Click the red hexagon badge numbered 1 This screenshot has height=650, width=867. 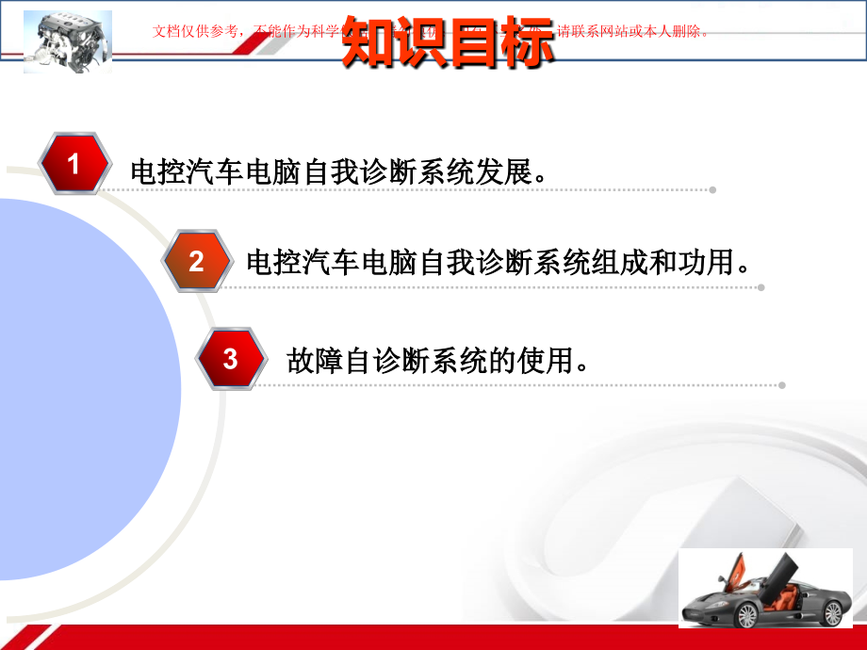pyautogui.click(x=74, y=164)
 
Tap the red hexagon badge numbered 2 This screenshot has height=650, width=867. pyautogui.click(x=196, y=261)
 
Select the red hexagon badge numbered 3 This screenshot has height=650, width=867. pyautogui.click(x=230, y=358)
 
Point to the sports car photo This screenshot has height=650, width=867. pyautogui.click(x=765, y=589)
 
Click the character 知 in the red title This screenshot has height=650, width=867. pyautogui.click(x=369, y=41)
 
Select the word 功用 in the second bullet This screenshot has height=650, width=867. pyautogui.click(x=707, y=262)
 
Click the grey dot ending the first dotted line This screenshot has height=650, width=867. pyautogui.click(x=712, y=190)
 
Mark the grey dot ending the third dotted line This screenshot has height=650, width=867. pyautogui.click(x=782, y=384)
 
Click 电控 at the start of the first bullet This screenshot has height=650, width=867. pyautogui.click(x=158, y=172)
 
